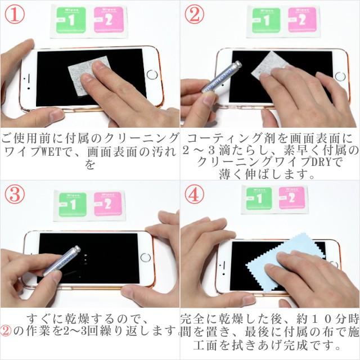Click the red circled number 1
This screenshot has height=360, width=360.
tap(15, 15)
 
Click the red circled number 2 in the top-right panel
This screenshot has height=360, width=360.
tap(195, 15)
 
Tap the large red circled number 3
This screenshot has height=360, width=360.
tap(15, 194)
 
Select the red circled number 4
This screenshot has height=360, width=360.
tap(195, 194)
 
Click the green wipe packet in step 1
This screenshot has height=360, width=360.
tap(71, 20)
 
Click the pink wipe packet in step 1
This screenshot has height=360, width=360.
tap(109, 20)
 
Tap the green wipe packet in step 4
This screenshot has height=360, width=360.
tap(259, 199)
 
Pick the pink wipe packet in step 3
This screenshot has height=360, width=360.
tap(107, 204)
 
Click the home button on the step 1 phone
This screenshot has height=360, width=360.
tap(152, 75)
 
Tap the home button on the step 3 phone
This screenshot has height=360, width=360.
tap(146, 258)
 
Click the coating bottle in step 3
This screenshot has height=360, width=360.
tap(61, 261)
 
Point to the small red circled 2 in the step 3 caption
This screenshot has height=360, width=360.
tap(6, 331)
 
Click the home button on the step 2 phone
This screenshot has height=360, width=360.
tap(340, 76)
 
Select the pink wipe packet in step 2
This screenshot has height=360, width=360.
tap(303, 20)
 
